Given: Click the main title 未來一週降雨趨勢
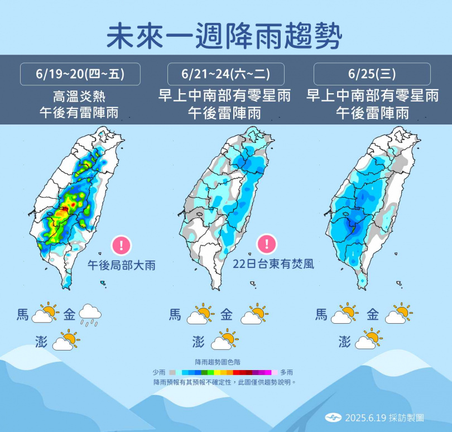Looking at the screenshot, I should (x=225, y=36).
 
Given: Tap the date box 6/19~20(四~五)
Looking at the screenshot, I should (x=80, y=74).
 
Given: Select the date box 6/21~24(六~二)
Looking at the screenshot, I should (x=225, y=74).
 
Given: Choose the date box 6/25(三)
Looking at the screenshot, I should (x=372, y=74).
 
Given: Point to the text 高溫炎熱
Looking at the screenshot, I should (x=79, y=96).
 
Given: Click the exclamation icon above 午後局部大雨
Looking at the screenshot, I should (x=121, y=245).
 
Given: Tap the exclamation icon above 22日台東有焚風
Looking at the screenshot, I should (x=267, y=243).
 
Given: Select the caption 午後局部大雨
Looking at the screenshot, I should (x=121, y=265).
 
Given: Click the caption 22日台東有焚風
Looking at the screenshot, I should (x=273, y=263).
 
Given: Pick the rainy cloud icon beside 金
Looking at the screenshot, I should (x=90, y=315).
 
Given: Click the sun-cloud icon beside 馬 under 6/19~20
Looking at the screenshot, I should (x=45, y=314).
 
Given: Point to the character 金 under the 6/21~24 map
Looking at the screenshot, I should (x=226, y=315).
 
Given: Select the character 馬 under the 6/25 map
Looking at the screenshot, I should (x=321, y=315).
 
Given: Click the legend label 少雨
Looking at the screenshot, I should (x=158, y=372).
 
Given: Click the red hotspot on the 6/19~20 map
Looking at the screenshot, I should (x=65, y=208).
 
